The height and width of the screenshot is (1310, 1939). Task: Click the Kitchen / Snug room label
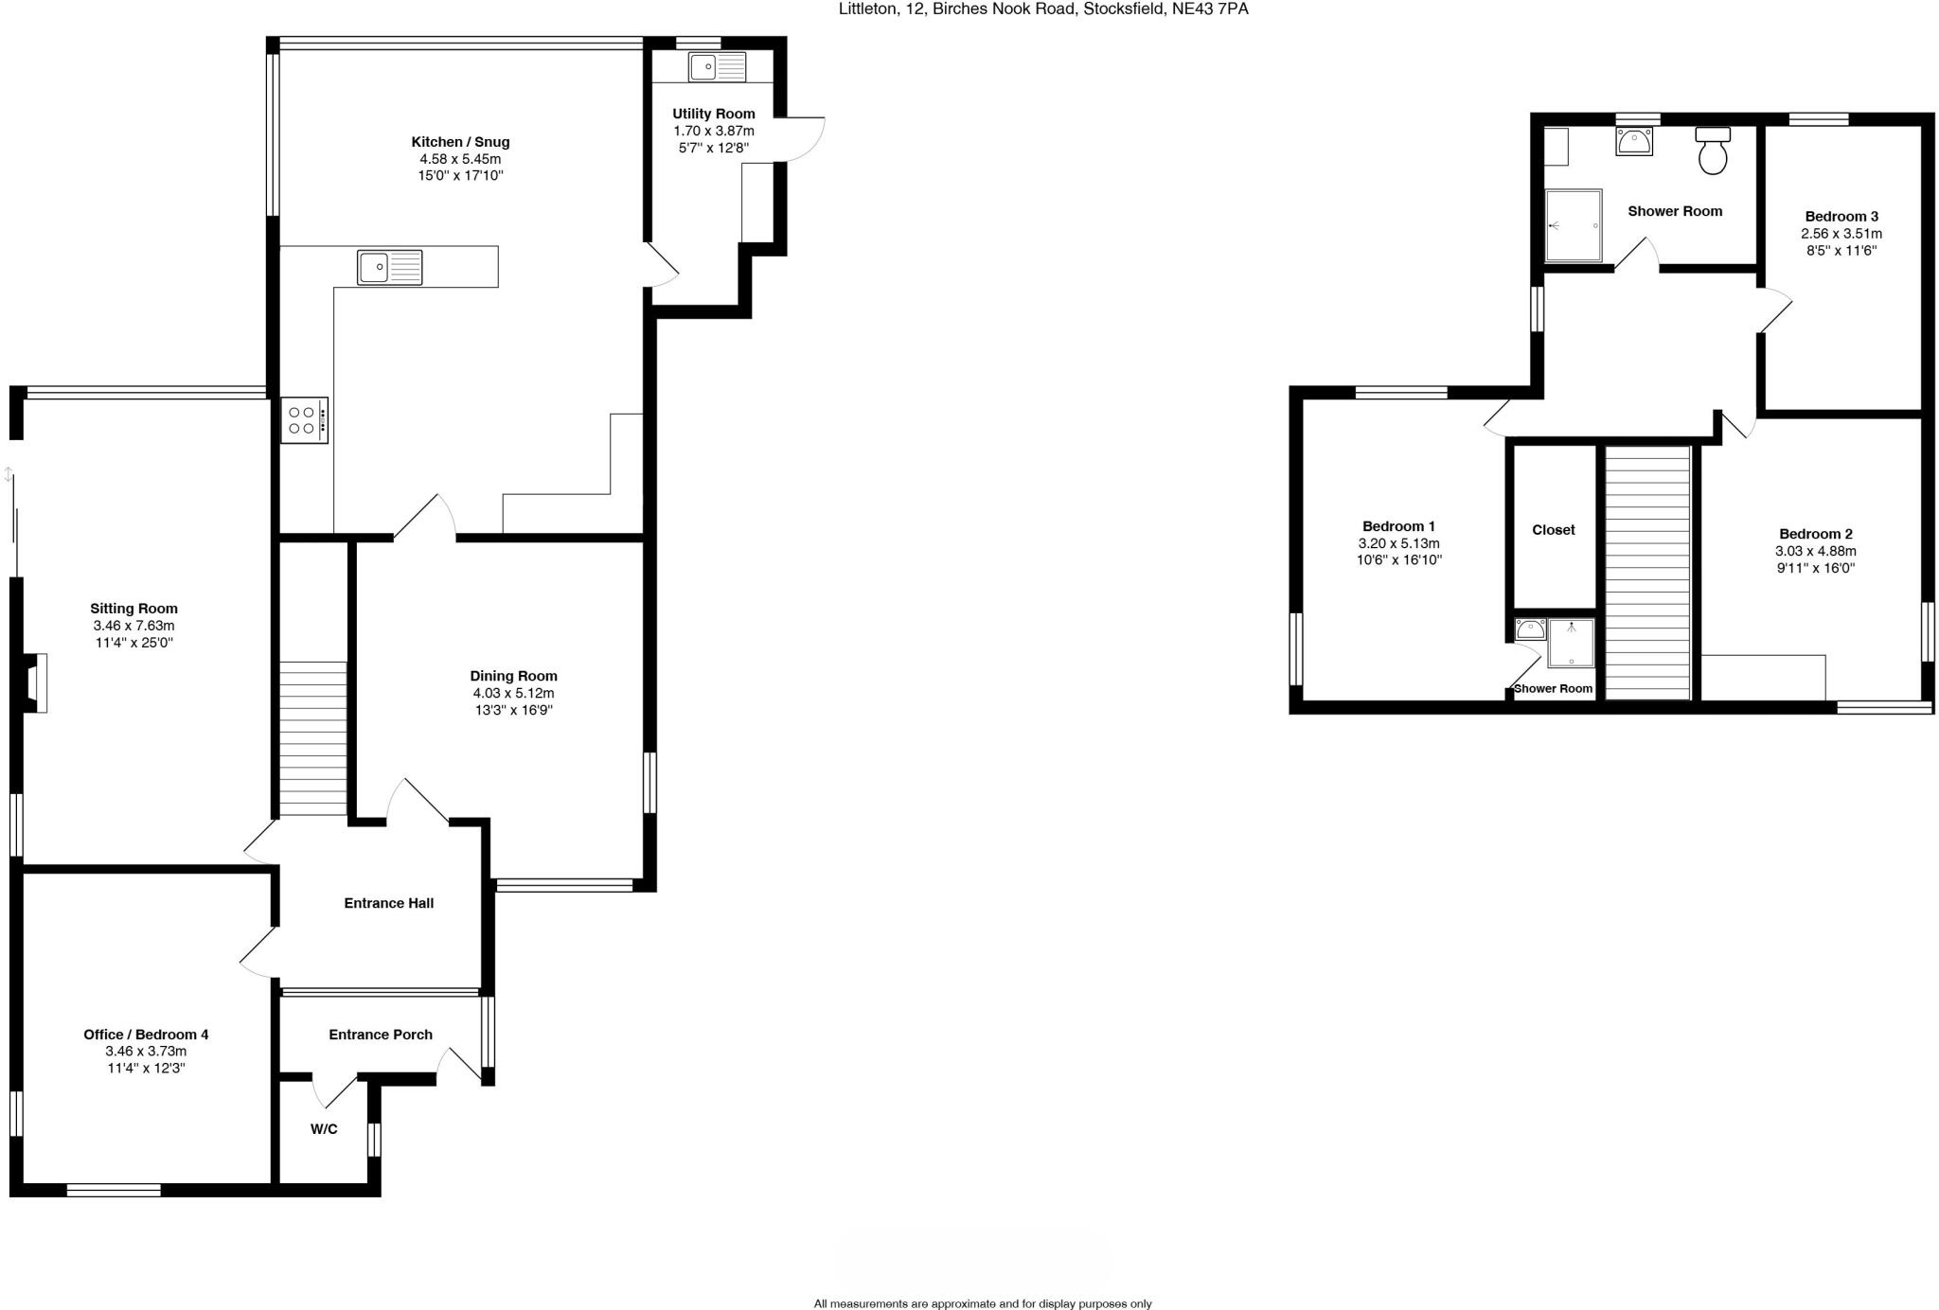click(460, 142)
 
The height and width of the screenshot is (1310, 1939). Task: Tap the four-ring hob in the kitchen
click(304, 420)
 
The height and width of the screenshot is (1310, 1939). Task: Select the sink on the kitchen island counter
click(389, 267)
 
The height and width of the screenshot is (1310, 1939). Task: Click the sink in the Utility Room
click(717, 67)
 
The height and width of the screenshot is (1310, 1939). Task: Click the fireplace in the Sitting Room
click(35, 682)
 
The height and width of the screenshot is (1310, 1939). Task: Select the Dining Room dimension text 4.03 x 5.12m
click(513, 693)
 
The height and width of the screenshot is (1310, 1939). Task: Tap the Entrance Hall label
click(388, 903)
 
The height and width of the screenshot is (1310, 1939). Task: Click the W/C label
click(324, 1129)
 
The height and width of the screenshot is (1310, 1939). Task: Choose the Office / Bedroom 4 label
click(146, 1035)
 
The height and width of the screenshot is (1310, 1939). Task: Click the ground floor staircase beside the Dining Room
click(312, 738)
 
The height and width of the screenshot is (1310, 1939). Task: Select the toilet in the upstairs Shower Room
click(1713, 151)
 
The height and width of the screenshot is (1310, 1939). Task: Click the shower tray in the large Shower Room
click(1573, 225)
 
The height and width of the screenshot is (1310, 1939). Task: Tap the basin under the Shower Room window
click(1633, 142)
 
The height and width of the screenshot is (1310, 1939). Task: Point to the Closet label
click(1554, 530)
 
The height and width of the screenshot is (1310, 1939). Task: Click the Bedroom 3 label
click(1841, 217)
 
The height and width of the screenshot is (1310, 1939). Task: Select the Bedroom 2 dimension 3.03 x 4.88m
click(1815, 551)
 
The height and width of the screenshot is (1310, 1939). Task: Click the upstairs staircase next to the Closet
click(1648, 573)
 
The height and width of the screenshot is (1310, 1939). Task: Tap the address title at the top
click(1043, 9)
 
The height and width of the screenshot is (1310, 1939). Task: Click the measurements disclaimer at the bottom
click(982, 1303)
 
